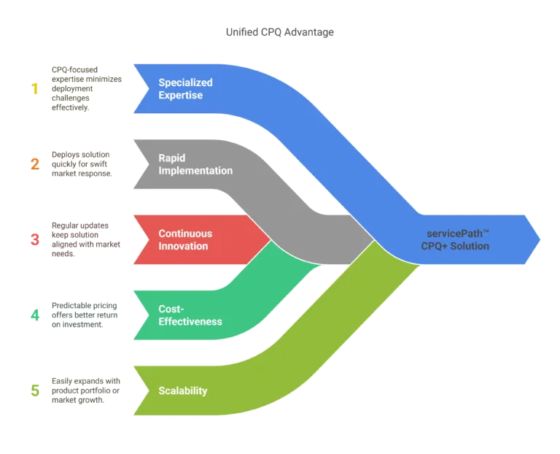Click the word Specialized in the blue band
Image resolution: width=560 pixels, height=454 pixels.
tap(186, 82)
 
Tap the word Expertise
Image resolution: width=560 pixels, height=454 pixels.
tap(181, 95)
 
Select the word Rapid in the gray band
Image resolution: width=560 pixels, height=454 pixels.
tap(173, 158)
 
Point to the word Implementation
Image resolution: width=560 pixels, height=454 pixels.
tap(195, 171)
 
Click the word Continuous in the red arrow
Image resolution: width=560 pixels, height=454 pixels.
tap(185, 234)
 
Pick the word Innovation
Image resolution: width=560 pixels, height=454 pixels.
tap(183, 246)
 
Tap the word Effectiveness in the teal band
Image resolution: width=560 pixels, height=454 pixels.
tap(190, 321)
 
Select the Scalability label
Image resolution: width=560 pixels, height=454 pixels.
tap(183, 390)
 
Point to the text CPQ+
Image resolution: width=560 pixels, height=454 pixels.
tap(435, 246)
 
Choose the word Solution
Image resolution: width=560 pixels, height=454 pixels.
tap(470, 246)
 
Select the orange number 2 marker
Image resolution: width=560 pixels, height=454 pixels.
tap(34, 166)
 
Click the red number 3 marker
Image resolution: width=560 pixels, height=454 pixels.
tap(34, 240)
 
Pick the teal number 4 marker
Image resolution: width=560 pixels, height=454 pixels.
tap(34, 315)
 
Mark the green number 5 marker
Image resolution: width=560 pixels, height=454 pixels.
tap(34, 389)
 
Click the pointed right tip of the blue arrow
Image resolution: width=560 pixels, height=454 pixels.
tap(540, 239)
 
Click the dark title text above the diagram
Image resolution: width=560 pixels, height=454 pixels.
tap(280, 33)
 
